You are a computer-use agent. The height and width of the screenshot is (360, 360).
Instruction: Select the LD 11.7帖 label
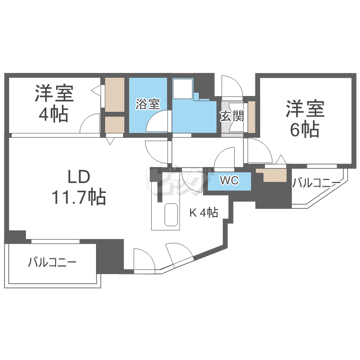[79, 187]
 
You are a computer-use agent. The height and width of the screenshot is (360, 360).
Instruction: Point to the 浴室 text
[147, 104]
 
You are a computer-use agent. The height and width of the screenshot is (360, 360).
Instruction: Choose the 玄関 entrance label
[232, 116]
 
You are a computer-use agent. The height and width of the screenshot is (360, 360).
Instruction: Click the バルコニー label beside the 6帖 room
[316, 183]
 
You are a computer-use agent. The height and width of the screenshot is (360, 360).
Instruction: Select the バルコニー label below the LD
[52, 263]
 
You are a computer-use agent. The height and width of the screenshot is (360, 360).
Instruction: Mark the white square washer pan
[183, 88]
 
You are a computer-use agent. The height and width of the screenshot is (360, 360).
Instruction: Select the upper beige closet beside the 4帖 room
[115, 94]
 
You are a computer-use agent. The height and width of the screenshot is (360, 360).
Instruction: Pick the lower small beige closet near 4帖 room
[115, 124]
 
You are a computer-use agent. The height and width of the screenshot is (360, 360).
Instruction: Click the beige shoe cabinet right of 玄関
[251, 117]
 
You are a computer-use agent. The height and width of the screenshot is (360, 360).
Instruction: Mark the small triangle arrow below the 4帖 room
[110, 141]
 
